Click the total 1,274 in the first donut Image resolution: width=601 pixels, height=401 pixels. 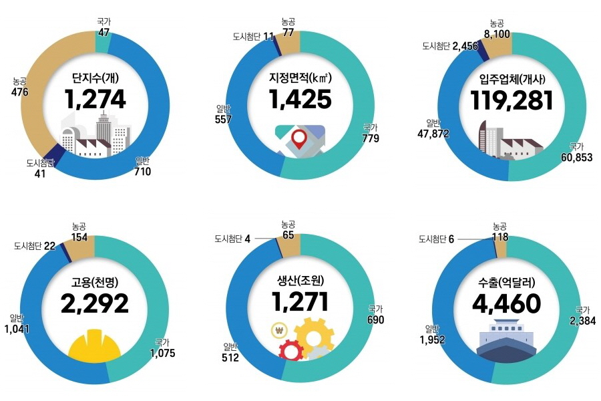tap(95, 98)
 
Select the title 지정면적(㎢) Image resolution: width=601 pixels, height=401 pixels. tap(300, 78)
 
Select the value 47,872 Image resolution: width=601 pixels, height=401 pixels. tap(433, 134)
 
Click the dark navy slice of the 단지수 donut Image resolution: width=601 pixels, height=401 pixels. tap(58, 154)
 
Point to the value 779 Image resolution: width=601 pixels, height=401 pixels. tap(370, 139)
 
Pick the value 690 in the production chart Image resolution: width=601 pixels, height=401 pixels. tap(376, 319)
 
